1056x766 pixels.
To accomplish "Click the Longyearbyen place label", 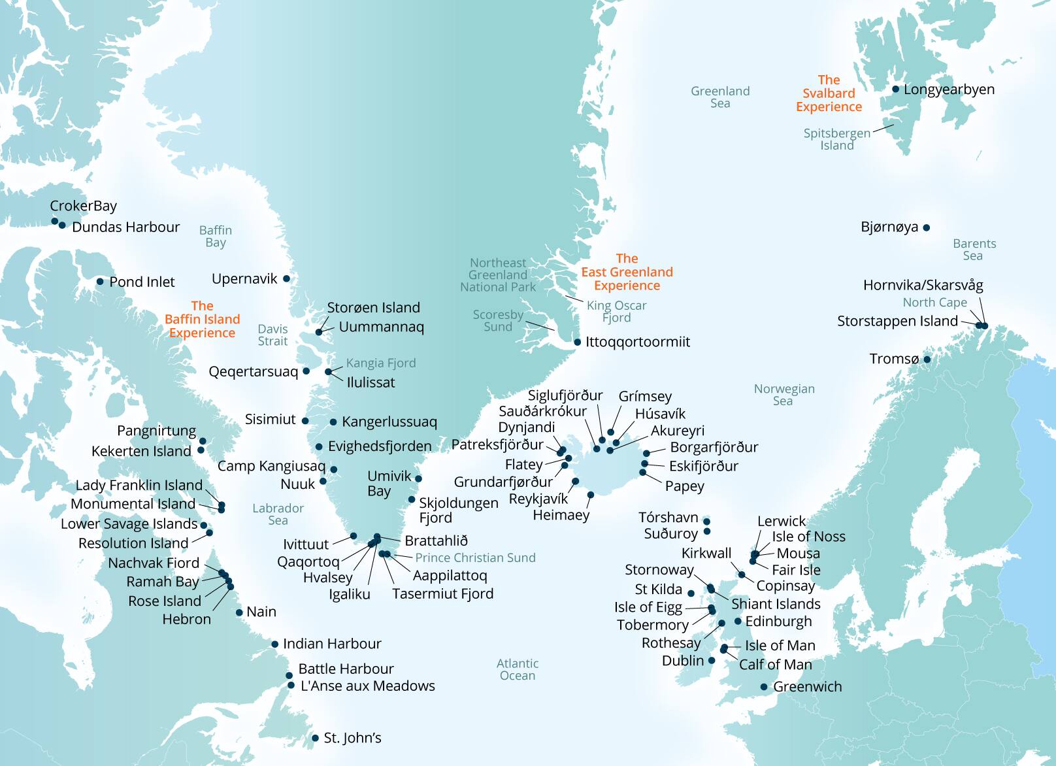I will (949, 90).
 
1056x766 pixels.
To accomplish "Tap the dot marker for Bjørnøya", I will (927, 228).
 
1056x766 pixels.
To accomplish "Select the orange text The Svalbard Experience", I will (829, 93).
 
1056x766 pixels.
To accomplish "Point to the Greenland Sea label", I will (720, 97).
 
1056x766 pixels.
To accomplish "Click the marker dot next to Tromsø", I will (927, 359).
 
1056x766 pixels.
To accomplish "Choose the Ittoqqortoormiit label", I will (637, 342).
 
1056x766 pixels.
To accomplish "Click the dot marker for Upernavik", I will (286, 278).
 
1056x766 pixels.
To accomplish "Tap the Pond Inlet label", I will (142, 282).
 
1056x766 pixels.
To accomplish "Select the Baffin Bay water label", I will (216, 236).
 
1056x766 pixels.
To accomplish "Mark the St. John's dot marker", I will (315, 739).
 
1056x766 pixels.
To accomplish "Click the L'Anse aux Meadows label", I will (367, 686).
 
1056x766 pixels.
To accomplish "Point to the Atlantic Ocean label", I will (518, 669).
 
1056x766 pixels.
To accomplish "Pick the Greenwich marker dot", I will (764, 687).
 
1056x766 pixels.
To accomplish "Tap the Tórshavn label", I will (668, 518).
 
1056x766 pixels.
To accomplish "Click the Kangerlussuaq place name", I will (389, 422).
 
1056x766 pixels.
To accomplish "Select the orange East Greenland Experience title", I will (627, 272).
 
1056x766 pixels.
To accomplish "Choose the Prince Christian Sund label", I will (475, 558).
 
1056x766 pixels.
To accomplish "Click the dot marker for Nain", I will (239, 612).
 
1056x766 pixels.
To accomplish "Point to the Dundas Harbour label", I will (125, 227).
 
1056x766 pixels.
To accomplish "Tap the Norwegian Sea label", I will (784, 395).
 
